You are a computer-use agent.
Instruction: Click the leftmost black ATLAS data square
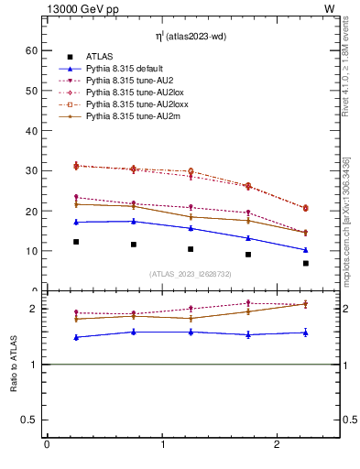pyautogui.click(x=76, y=242)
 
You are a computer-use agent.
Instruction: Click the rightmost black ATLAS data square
pyautogui.click(x=306, y=263)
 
